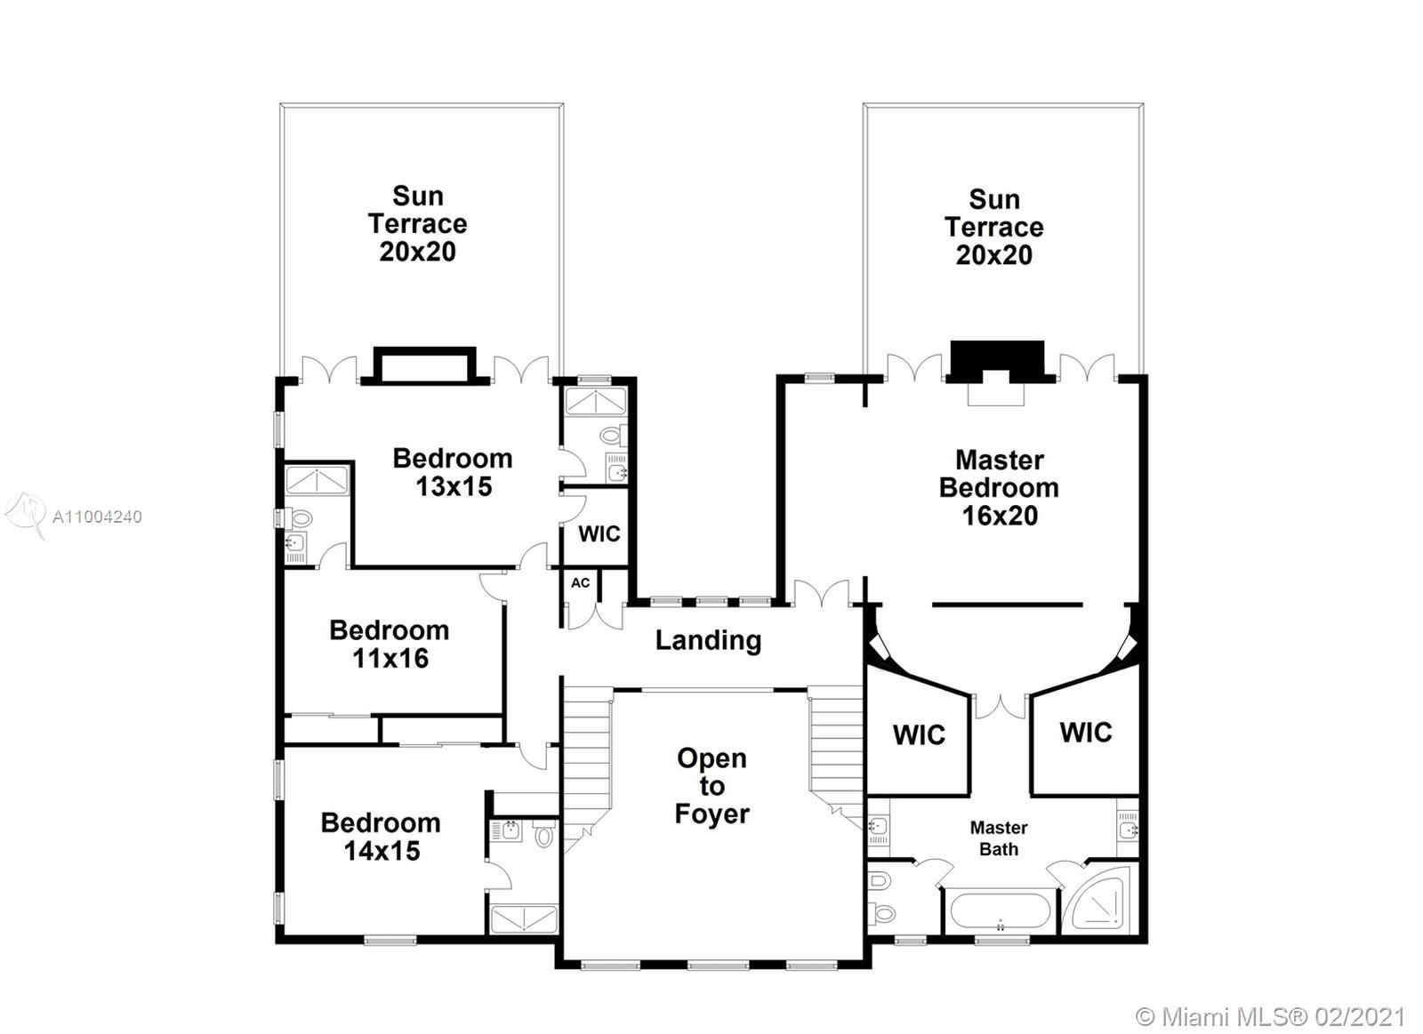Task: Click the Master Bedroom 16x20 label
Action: (x=999, y=487)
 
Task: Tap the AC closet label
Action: (x=580, y=583)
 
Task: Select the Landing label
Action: (x=708, y=640)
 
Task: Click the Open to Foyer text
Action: (x=711, y=786)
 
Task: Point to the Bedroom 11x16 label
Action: (x=390, y=644)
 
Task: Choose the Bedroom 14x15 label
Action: (x=381, y=836)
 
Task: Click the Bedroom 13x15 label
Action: (x=453, y=472)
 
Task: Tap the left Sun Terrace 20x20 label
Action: (x=417, y=223)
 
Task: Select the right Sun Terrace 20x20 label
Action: (x=993, y=227)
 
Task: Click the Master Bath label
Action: (x=998, y=838)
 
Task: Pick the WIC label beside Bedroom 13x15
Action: (x=599, y=533)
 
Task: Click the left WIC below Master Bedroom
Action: (x=919, y=735)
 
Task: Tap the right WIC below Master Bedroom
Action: (x=1085, y=733)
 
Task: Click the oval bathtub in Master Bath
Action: (x=1000, y=912)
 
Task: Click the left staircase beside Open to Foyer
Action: (x=587, y=756)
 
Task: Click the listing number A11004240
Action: (x=97, y=517)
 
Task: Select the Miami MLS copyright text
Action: (x=1271, y=1016)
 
